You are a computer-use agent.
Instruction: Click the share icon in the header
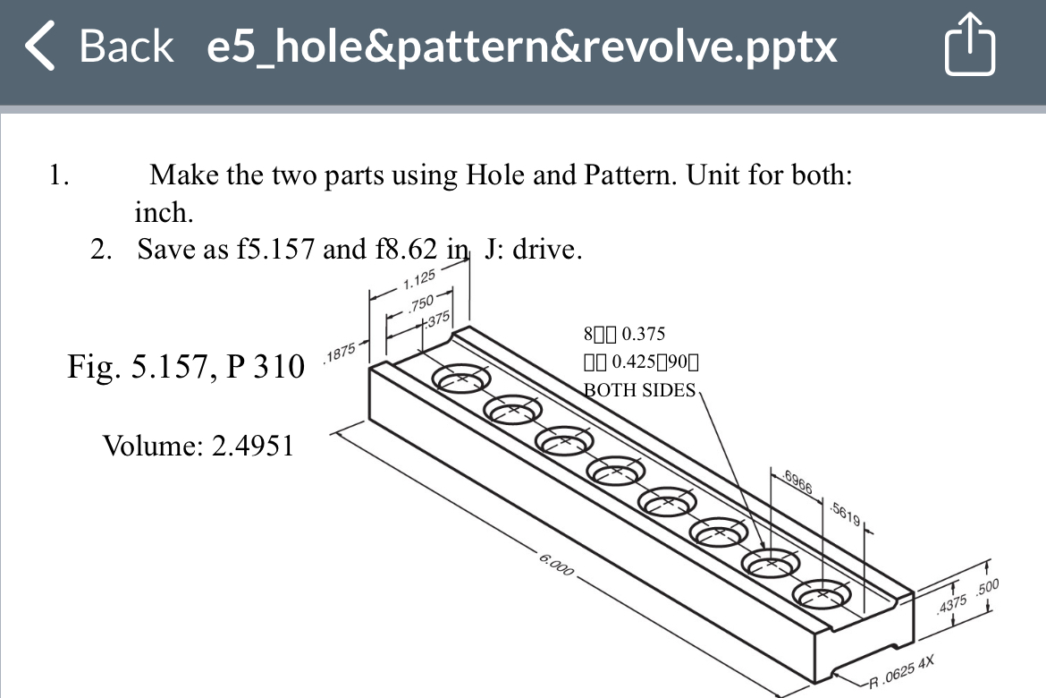tap(970, 47)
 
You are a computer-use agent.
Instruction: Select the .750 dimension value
tap(420, 302)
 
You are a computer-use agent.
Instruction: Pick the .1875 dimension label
tap(342, 354)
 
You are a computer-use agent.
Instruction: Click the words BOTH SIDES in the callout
tap(639, 390)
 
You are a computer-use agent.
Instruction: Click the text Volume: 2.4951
tap(198, 445)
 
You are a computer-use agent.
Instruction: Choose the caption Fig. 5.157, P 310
tap(186, 366)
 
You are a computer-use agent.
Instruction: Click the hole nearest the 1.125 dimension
tap(461, 379)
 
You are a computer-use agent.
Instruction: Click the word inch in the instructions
tap(161, 213)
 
